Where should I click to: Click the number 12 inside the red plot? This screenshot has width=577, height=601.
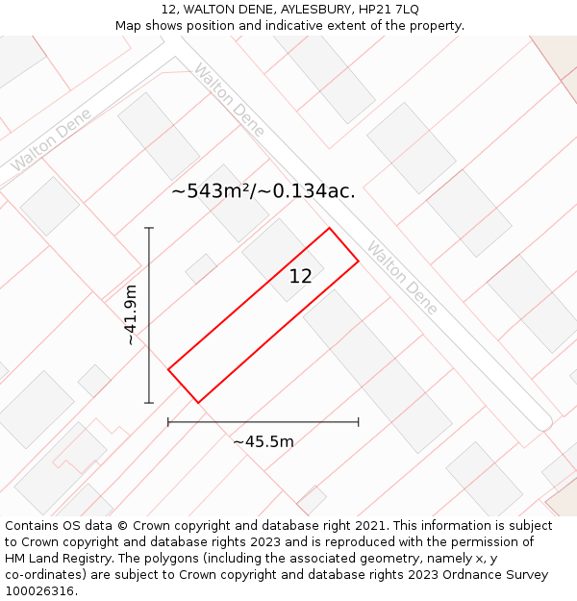[300, 276]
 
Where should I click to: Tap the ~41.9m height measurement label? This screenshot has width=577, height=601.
[131, 315]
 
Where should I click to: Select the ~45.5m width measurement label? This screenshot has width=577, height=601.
[263, 441]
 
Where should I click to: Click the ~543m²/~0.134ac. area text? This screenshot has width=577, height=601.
[263, 191]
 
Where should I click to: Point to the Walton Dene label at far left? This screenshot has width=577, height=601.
[50, 139]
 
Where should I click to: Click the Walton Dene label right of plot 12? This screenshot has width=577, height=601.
[402, 278]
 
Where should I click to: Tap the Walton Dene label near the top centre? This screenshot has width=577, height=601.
[228, 100]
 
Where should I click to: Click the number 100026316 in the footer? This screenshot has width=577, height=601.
[38, 590]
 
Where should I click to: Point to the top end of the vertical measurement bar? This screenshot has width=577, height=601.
[149, 228]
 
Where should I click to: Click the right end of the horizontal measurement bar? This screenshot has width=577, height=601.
[359, 421]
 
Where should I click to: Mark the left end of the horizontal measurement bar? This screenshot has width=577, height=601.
[168, 421]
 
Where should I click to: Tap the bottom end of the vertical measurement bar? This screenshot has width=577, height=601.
[149, 403]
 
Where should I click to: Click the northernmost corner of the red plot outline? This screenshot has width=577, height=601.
[330, 228]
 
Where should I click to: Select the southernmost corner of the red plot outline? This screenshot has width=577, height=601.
[198, 402]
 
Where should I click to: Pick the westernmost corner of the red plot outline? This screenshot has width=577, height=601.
[168, 368]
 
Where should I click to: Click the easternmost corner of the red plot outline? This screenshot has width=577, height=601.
[359, 261]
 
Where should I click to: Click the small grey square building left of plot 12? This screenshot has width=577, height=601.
[201, 268]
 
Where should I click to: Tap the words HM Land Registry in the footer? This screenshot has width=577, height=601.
[56, 558]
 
